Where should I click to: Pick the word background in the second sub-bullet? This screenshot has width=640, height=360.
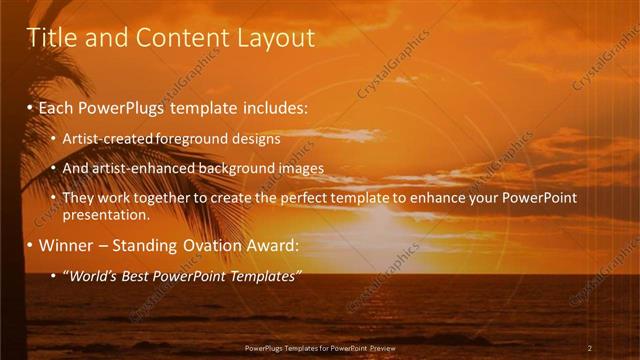point(230,168)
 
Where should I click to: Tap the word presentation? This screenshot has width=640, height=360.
point(106,215)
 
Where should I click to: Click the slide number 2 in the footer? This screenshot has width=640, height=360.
point(590,348)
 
